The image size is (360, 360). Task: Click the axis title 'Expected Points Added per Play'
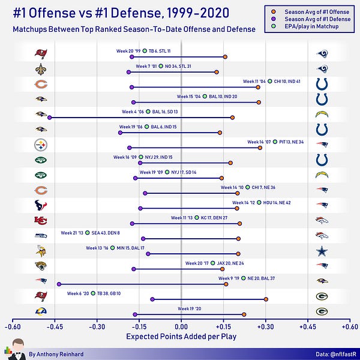tap(181, 337)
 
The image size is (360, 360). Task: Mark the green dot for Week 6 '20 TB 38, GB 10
tap(92, 293)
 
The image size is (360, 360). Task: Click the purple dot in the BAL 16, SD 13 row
tap(49, 118)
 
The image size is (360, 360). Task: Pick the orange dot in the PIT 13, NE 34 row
tap(260, 148)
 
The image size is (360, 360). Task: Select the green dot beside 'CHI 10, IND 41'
tap(269, 81)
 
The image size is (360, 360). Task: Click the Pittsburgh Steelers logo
tap(40, 145)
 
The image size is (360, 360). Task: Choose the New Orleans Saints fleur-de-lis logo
tap(40, 69)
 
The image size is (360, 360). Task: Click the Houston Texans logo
tap(40, 205)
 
